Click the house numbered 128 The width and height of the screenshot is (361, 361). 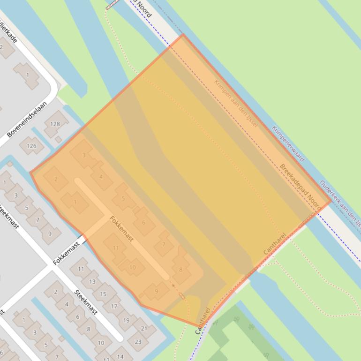(55, 124)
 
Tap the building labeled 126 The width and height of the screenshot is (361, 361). (31, 146)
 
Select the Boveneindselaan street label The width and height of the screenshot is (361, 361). (27, 120)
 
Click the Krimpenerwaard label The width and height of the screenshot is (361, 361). (287, 143)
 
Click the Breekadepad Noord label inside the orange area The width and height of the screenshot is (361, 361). (300, 186)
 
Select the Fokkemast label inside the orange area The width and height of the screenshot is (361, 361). (121, 229)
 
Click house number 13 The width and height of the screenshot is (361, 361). (92, 282)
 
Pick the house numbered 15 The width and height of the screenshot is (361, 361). (103, 294)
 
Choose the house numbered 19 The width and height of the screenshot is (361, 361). (126, 320)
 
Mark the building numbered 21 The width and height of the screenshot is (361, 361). (144, 329)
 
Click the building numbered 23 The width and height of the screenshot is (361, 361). (137, 342)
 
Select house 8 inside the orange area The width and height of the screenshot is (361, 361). (180, 270)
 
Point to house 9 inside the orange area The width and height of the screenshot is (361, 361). (156, 291)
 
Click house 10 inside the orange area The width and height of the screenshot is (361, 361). (132, 268)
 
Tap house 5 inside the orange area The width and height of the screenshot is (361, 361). (123, 198)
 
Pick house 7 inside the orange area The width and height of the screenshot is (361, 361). (164, 244)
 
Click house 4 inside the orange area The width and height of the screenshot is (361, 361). (101, 177)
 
